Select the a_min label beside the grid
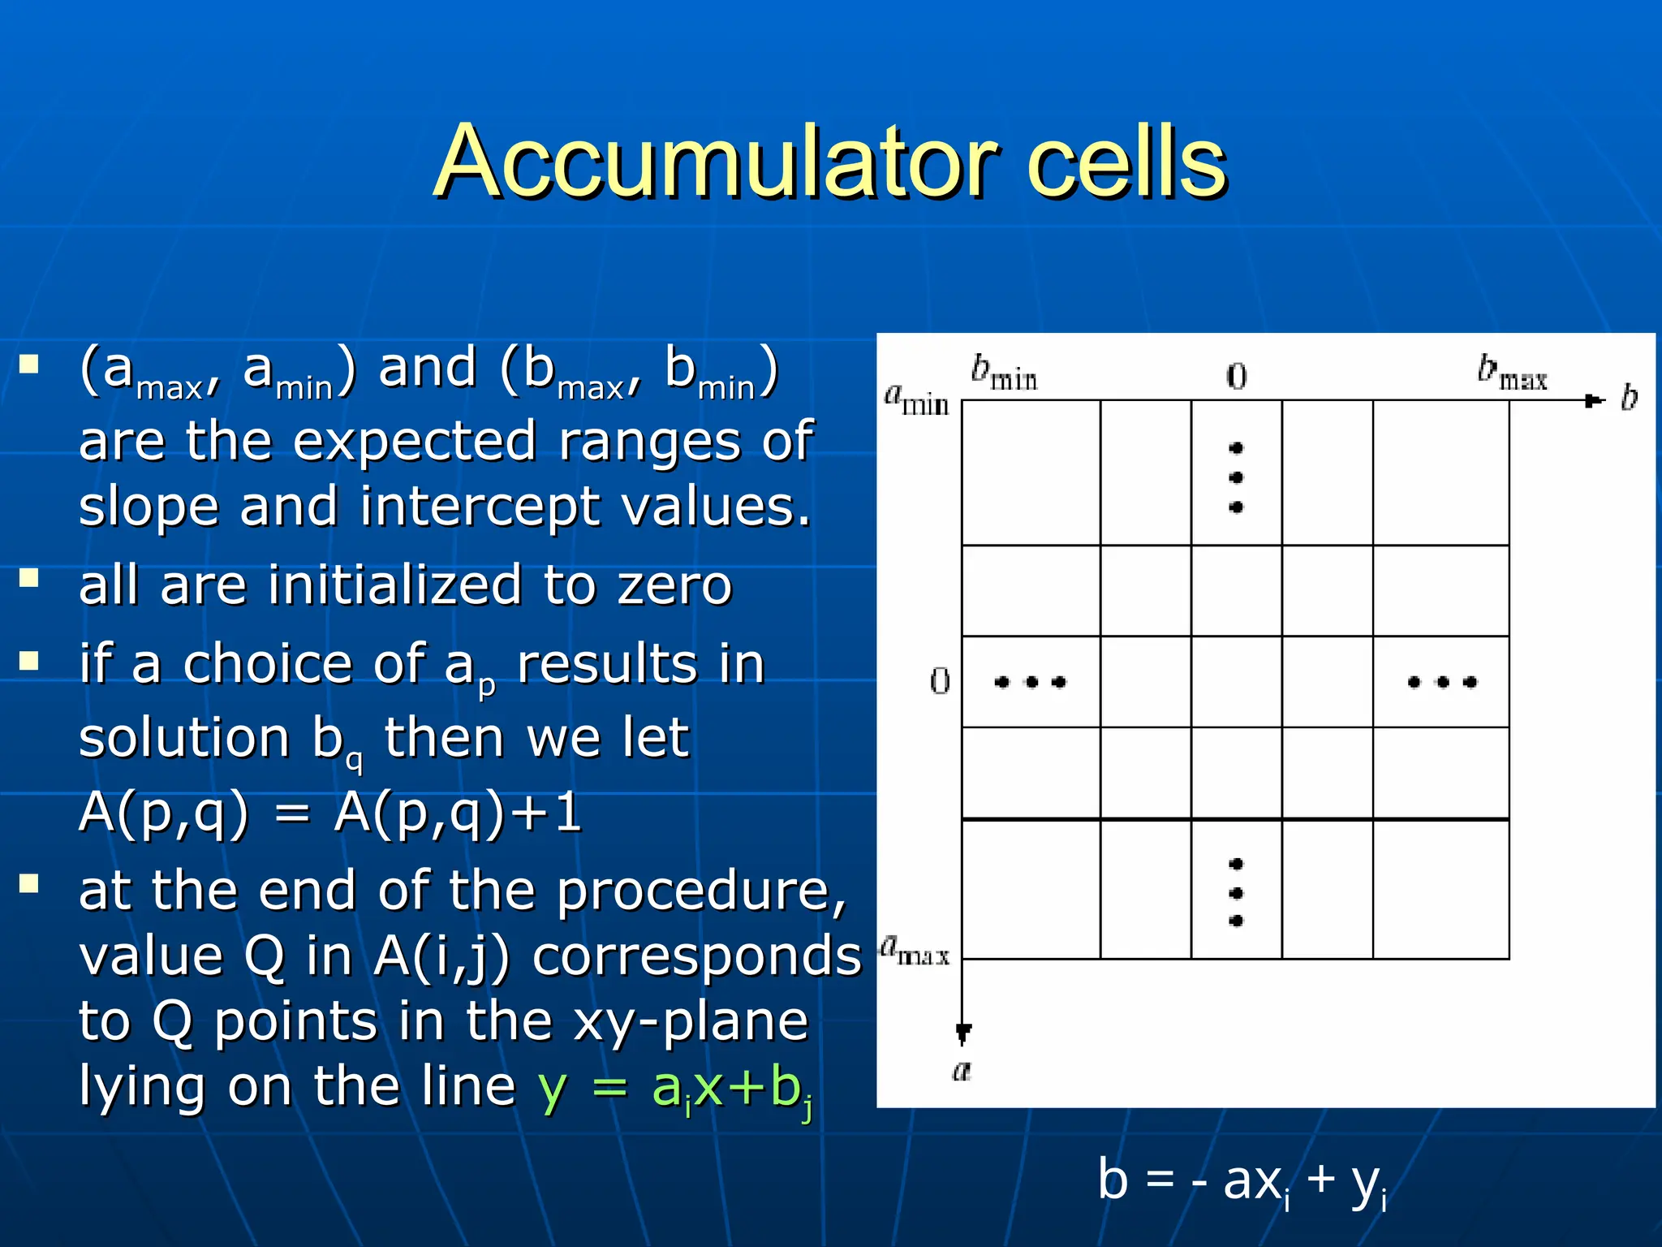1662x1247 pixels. point(915,399)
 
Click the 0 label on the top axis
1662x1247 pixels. point(1236,377)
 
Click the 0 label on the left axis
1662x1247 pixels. point(940,681)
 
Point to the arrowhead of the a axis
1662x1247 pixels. point(962,1033)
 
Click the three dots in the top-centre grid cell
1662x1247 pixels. point(1236,477)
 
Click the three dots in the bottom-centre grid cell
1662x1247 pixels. point(1236,892)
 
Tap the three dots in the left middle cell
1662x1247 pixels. point(1030,682)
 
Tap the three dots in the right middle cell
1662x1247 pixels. point(1442,682)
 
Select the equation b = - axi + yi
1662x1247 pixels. point(1242,1181)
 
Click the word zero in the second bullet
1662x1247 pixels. point(674,586)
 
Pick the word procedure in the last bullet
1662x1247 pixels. point(701,891)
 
